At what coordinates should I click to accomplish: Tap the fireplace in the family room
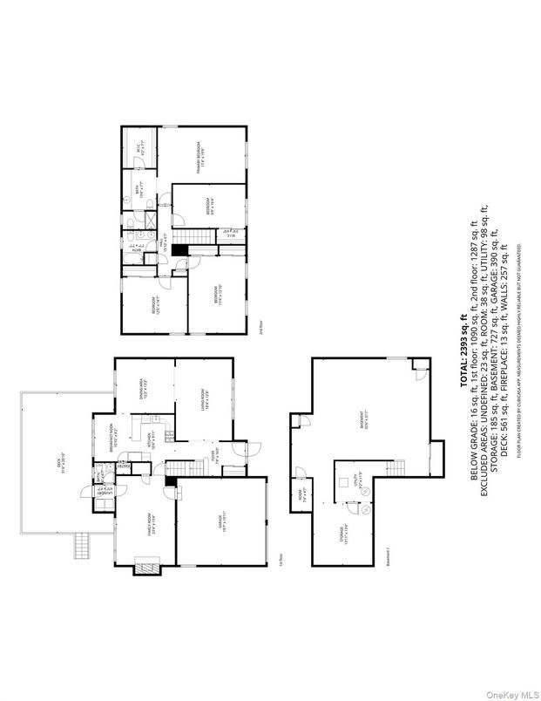tap(144, 569)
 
